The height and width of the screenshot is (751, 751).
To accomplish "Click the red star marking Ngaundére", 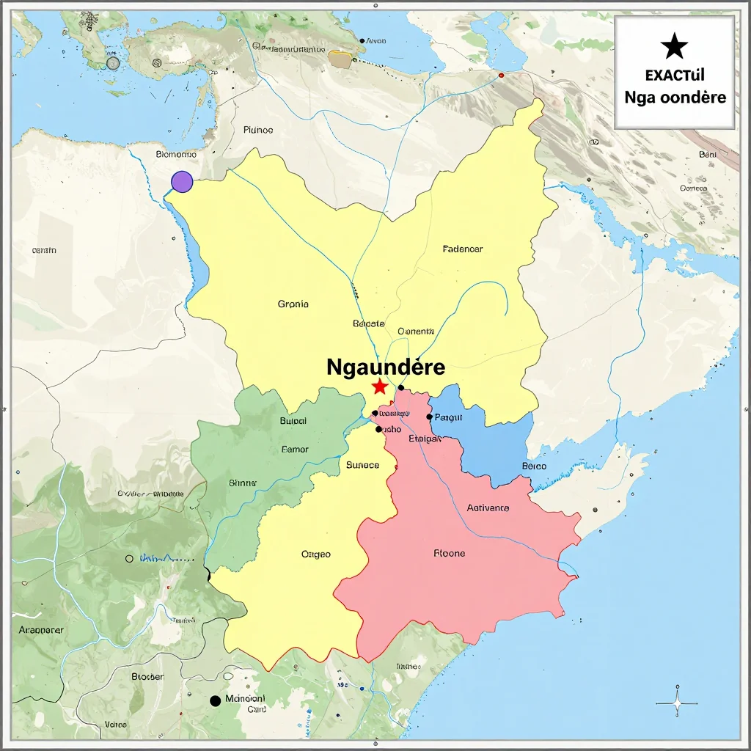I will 379,387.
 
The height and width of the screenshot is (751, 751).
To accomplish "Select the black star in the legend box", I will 674,48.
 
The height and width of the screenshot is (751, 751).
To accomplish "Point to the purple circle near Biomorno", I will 181,181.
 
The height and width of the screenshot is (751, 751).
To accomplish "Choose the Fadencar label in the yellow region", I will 463,249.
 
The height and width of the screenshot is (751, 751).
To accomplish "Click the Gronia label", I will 293,304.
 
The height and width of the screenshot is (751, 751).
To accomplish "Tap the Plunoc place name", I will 257,130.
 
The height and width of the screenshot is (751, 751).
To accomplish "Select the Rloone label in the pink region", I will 449,553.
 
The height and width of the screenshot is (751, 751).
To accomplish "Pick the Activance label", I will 488,508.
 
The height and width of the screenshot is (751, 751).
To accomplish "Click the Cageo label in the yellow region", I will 316,554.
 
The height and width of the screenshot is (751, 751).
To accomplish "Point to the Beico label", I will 534,466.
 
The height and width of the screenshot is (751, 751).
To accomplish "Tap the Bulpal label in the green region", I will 293,421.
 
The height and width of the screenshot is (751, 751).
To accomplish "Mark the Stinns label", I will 243,483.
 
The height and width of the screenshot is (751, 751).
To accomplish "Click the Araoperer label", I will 41,629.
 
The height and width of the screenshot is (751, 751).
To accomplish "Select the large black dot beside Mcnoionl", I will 215,700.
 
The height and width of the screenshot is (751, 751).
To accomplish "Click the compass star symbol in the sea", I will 676,704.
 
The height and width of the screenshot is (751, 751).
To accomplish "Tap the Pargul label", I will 448,417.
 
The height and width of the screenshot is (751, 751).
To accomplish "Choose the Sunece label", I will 362,464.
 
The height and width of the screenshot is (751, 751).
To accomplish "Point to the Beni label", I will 708,155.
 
